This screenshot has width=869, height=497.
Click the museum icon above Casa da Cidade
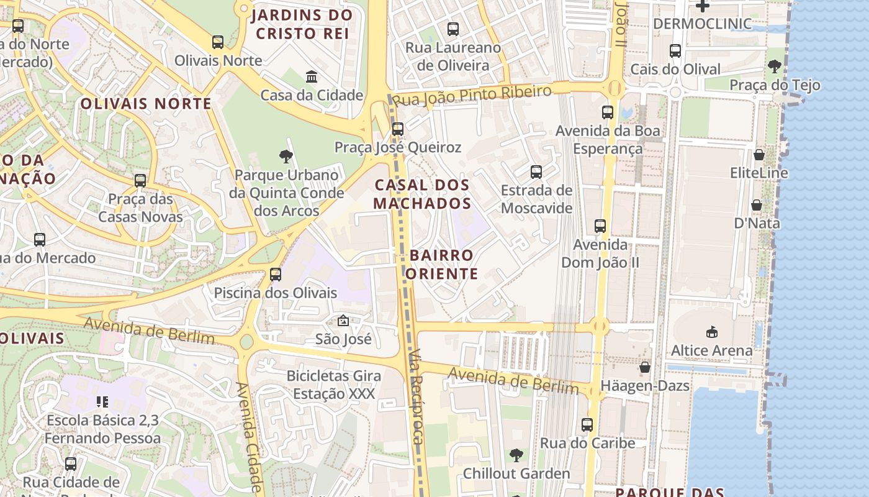point(312,76)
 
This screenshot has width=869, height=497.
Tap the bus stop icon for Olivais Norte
point(218,42)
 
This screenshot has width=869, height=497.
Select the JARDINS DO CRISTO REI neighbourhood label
point(302,24)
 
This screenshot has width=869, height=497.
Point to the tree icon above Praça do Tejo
point(774,66)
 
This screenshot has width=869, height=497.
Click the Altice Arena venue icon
point(711,332)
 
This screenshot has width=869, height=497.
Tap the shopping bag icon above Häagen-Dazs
point(645,367)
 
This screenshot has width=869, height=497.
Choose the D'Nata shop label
point(757,223)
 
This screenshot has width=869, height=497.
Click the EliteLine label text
point(759,173)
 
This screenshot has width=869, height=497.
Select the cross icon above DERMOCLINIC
point(702,6)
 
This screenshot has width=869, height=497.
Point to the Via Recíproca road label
point(416,398)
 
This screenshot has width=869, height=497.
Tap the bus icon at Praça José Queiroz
point(398,129)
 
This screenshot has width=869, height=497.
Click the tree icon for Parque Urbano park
point(286,157)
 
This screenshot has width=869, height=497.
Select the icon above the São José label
point(343,321)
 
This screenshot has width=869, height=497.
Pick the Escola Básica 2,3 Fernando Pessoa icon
point(102,402)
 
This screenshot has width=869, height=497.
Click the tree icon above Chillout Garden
point(516,455)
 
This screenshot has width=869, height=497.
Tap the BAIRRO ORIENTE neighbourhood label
point(442,265)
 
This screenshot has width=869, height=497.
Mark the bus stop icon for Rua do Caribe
point(587,425)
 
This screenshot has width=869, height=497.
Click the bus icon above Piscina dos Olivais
point(276,274)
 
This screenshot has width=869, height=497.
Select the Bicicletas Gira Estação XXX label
point(334,385)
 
